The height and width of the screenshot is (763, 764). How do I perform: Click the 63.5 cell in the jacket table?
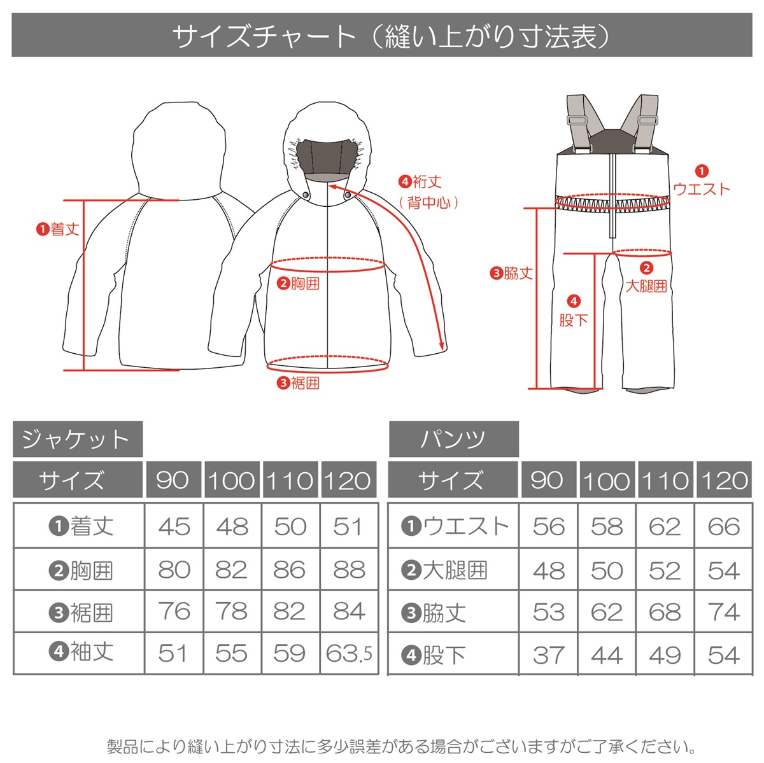pos(349,654)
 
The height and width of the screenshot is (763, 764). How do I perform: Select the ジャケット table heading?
pos(77,439)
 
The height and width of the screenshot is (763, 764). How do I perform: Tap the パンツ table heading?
pos(453,439)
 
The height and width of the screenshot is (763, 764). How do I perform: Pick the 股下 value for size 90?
pos(548,655)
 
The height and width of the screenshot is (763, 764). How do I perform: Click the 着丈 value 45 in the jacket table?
pos(174,527)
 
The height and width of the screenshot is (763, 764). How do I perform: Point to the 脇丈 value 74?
pos(723,612)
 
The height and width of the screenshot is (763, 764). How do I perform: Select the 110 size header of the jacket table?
pos(290,480)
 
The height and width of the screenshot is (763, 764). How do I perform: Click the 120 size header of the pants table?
pos(723,480)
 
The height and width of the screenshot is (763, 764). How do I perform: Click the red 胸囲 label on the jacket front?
pos(299,284)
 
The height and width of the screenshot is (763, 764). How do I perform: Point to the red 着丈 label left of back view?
pos(58,229)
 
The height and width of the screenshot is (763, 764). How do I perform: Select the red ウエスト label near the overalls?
pos(701,188)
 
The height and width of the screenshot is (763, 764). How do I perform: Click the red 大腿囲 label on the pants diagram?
pos(646,286)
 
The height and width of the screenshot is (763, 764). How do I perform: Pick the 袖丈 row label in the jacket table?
pos(81,652)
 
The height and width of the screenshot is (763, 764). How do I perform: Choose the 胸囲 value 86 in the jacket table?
pos(290,570)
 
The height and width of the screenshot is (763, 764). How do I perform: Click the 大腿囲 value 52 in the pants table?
pos(665,570)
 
